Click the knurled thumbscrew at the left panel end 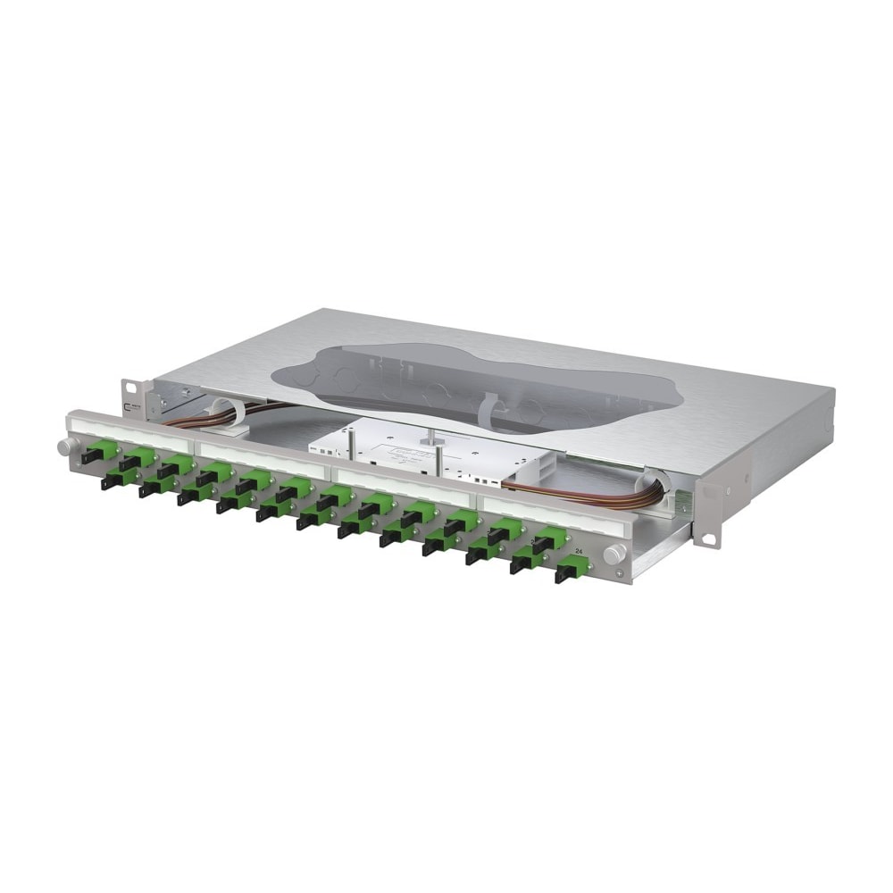coord(64,446)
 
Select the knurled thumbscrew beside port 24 coord(613,554)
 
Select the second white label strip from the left coord(263,460)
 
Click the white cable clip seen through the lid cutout coord(496,411)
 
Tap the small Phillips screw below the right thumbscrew coord(620,572)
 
